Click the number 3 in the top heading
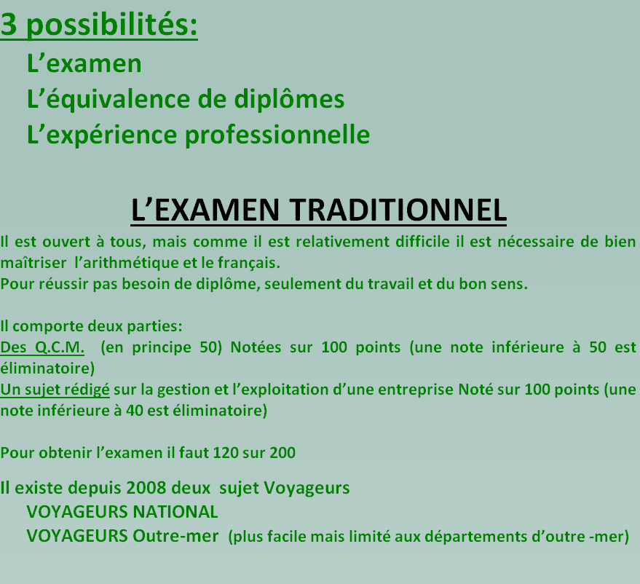coord(9,24)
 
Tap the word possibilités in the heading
coord(112,25)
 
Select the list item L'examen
coord(84,63)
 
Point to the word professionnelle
coord(277,135)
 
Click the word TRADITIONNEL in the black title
coord(398,210)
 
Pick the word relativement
coord(343,242)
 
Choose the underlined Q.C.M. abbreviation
coord(60,347)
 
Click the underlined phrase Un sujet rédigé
coord(55,390)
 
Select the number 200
coord(283,453)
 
